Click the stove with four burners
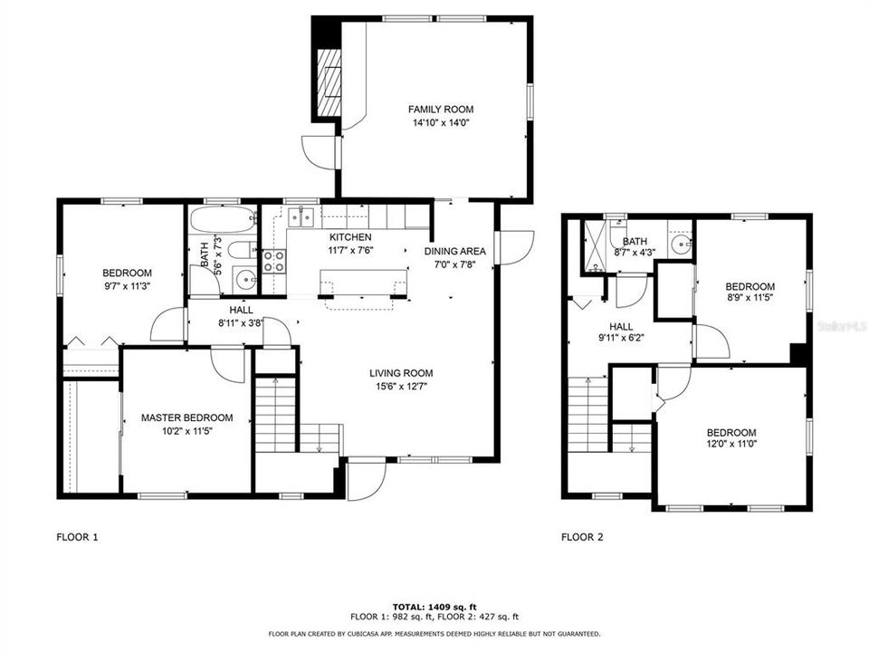(273, 261)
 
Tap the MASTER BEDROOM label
(186, 417)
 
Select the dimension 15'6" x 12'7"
(400, 386)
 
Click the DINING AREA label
(455, 252)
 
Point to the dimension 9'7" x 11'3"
(127, 286)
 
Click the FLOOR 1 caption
(77, 537)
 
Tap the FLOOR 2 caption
(582, 537)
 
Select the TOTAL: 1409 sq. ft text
(434, 606)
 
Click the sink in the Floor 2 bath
(681, 243)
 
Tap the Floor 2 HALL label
(621, 327)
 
